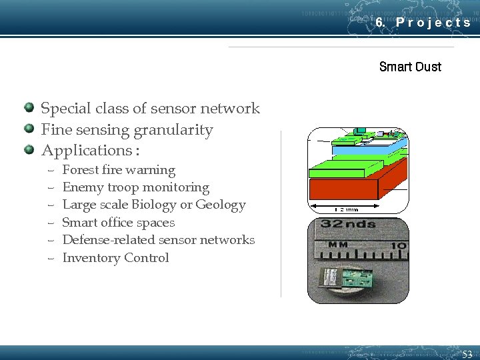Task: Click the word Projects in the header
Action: coord(433,22)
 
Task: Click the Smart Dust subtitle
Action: coord(410,67)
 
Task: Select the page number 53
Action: coord(467,354)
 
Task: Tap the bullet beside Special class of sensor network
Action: coord(29,107)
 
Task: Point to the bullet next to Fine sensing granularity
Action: coord(29,129)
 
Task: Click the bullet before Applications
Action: coord(29,149)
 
